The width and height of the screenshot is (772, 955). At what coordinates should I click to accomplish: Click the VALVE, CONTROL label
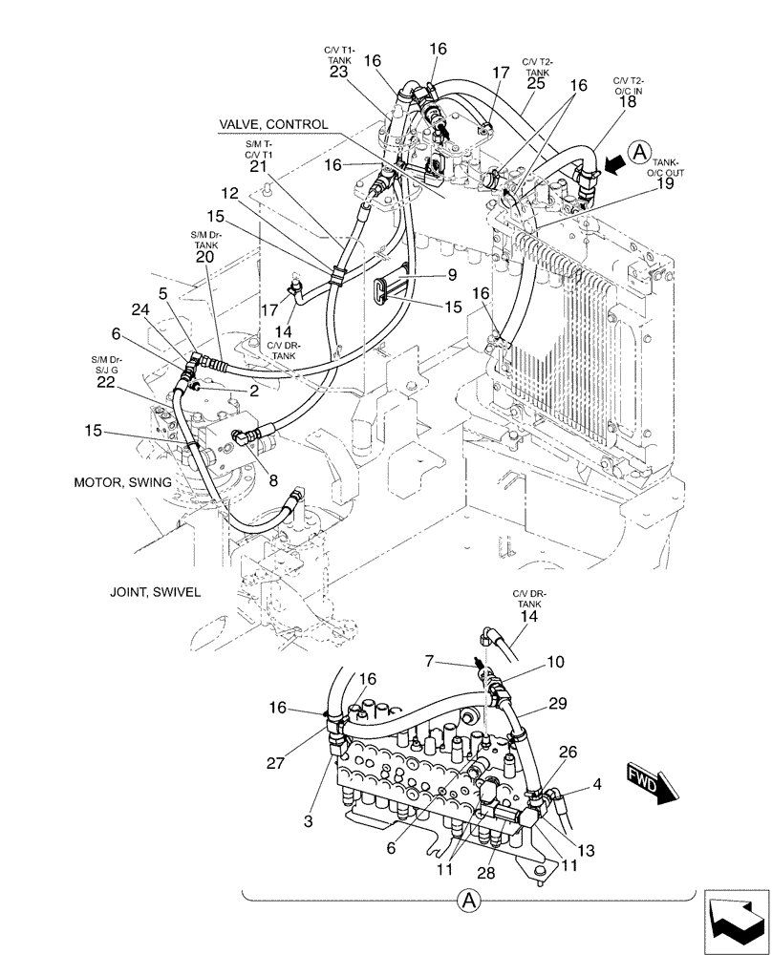pos(273,125)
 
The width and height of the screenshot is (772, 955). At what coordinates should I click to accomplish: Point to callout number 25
pos(535,84)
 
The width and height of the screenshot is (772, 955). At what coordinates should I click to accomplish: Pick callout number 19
pos(666,183)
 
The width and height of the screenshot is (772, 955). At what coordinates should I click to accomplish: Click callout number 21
pos(256,166)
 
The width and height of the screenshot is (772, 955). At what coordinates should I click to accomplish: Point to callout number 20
pos(204,257)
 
